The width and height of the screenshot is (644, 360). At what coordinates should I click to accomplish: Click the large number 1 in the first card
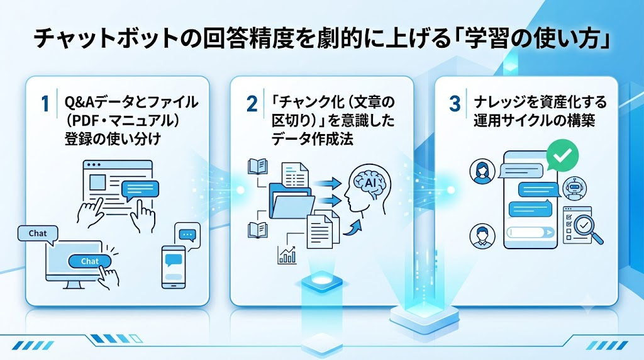45,104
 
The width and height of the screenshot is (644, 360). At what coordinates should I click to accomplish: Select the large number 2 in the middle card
252,104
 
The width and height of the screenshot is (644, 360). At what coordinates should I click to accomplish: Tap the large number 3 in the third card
455,104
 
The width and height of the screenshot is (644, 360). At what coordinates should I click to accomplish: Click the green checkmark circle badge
562,155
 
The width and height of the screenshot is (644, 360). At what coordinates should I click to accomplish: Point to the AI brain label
370,183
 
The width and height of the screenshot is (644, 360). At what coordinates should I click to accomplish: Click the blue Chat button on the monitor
89,261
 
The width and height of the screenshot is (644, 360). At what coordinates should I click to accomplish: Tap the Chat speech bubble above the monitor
38,235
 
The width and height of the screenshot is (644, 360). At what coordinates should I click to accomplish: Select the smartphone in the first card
173,267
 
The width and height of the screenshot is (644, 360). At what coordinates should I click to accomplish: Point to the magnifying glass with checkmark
587,228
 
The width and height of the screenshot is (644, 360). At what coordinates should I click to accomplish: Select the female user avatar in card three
482,171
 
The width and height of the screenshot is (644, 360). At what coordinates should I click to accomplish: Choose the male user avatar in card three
482,236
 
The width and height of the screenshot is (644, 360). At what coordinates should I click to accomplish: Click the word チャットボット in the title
108,40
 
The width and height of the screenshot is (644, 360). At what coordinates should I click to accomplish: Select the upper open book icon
257,167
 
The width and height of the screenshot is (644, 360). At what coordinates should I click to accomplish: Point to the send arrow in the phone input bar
548,233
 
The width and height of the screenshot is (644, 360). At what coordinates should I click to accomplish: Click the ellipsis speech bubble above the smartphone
187,235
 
